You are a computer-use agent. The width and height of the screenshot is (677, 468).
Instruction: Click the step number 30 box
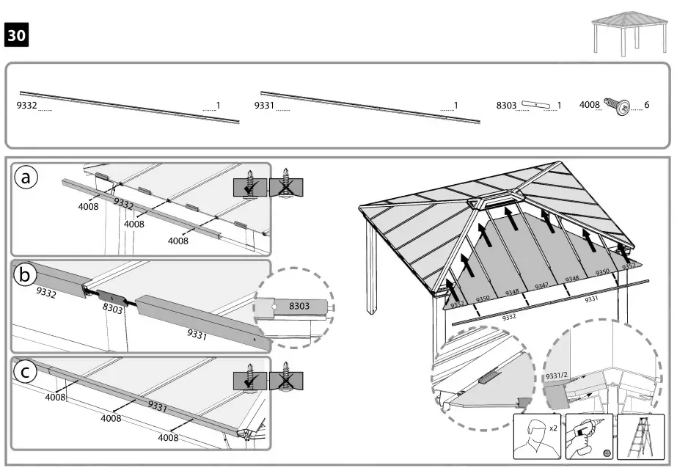17,34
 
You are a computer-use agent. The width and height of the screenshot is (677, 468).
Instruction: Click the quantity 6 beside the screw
646,106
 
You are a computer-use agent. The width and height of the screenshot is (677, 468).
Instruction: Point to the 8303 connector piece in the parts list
538,106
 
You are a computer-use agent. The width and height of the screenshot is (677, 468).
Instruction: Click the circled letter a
27,178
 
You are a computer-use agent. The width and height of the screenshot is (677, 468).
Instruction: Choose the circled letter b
26,274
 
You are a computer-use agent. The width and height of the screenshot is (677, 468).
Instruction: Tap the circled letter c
26,372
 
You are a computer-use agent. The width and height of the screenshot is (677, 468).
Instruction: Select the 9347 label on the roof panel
541,285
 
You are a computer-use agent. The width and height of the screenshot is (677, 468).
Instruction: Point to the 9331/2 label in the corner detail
557,375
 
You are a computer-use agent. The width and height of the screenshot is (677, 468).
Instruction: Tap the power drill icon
589,436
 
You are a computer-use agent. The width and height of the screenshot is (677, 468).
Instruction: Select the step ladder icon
640,436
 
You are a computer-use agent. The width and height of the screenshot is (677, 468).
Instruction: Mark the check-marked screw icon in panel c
250,381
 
